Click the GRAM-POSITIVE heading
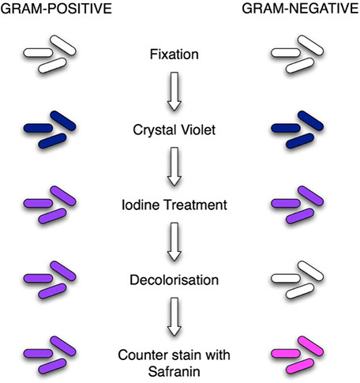[x=56, y=9]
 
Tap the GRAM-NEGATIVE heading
[x=301, y=9]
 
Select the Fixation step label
[x=174, y=54]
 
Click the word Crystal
[x=154, y=130]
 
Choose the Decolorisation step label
[x=174, y=280]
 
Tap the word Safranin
[x=174, y=372]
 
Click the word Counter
[x=140, y=355]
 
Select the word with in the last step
[x=218, y=355]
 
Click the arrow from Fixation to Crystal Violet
[x=174, y=92]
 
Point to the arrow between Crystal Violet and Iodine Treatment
[x=174, y=167]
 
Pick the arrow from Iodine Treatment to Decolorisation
[x=174, y=242]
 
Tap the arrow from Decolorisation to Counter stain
[x=174, y=317]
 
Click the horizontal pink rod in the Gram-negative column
[x=286, y=353]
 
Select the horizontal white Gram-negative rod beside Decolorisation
[x=286, y=278]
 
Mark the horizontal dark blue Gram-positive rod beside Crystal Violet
[x=38, y=128]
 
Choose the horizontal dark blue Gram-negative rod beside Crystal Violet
[x=286, y=128]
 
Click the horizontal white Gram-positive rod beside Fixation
[x=38, y=53]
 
